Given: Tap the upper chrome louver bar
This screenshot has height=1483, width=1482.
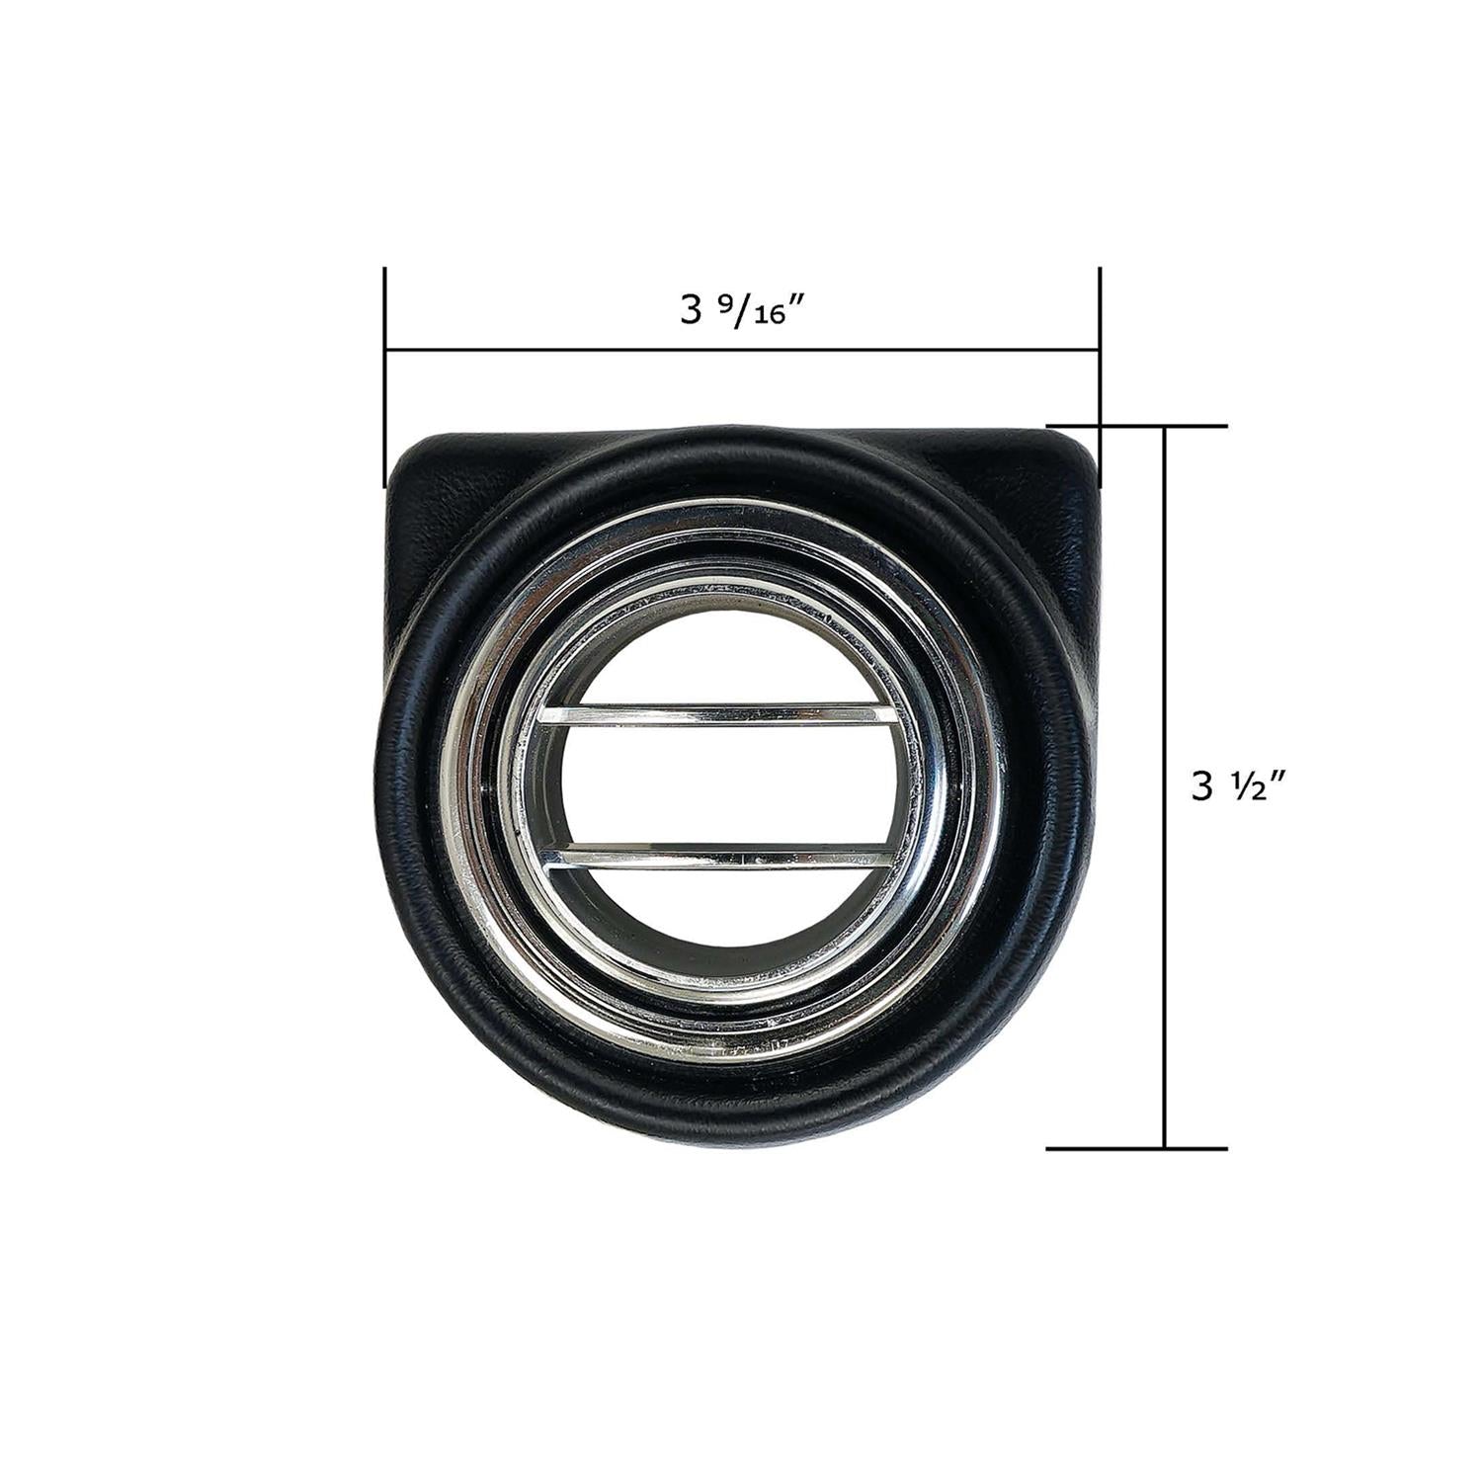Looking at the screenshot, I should tap(710, 714).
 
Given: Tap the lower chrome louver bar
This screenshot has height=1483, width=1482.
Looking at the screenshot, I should tap(710, 857).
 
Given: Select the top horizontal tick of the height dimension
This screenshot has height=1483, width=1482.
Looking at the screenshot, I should tap(1136, 427).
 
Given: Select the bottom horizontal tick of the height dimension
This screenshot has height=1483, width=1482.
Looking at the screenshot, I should tap(1136, 1148).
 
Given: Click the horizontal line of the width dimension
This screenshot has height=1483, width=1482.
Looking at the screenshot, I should tap(741, 349).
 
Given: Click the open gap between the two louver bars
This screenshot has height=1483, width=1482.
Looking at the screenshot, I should tap(710, 785).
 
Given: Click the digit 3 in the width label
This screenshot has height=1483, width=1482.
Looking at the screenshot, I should tap(690, 312).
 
